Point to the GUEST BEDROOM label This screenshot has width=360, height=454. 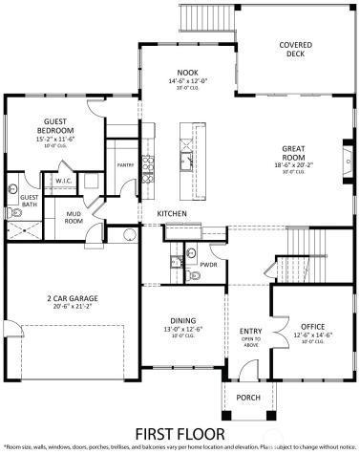point(55,126)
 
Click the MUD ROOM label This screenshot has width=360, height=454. point(73,218)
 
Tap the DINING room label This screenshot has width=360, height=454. point(182,321)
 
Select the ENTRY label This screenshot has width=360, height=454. point(250,332)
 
